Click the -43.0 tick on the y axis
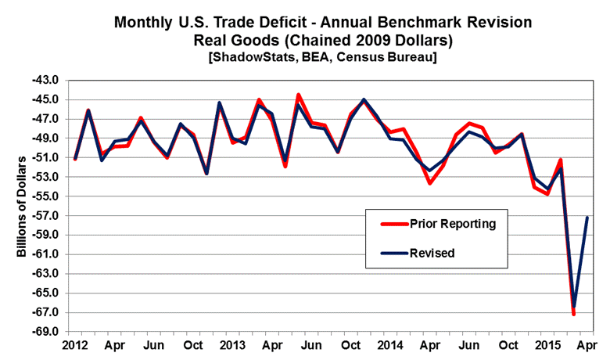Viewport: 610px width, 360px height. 48,81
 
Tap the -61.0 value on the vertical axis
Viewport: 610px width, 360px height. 48,254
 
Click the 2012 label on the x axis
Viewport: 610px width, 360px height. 74,345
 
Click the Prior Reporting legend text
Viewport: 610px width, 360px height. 453,224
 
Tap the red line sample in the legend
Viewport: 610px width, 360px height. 393,224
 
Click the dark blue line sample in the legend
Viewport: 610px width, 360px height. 393,253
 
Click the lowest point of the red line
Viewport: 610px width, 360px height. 574,314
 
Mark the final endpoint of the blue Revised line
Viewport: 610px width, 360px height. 587,218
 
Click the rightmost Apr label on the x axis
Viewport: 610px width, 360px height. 588,345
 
